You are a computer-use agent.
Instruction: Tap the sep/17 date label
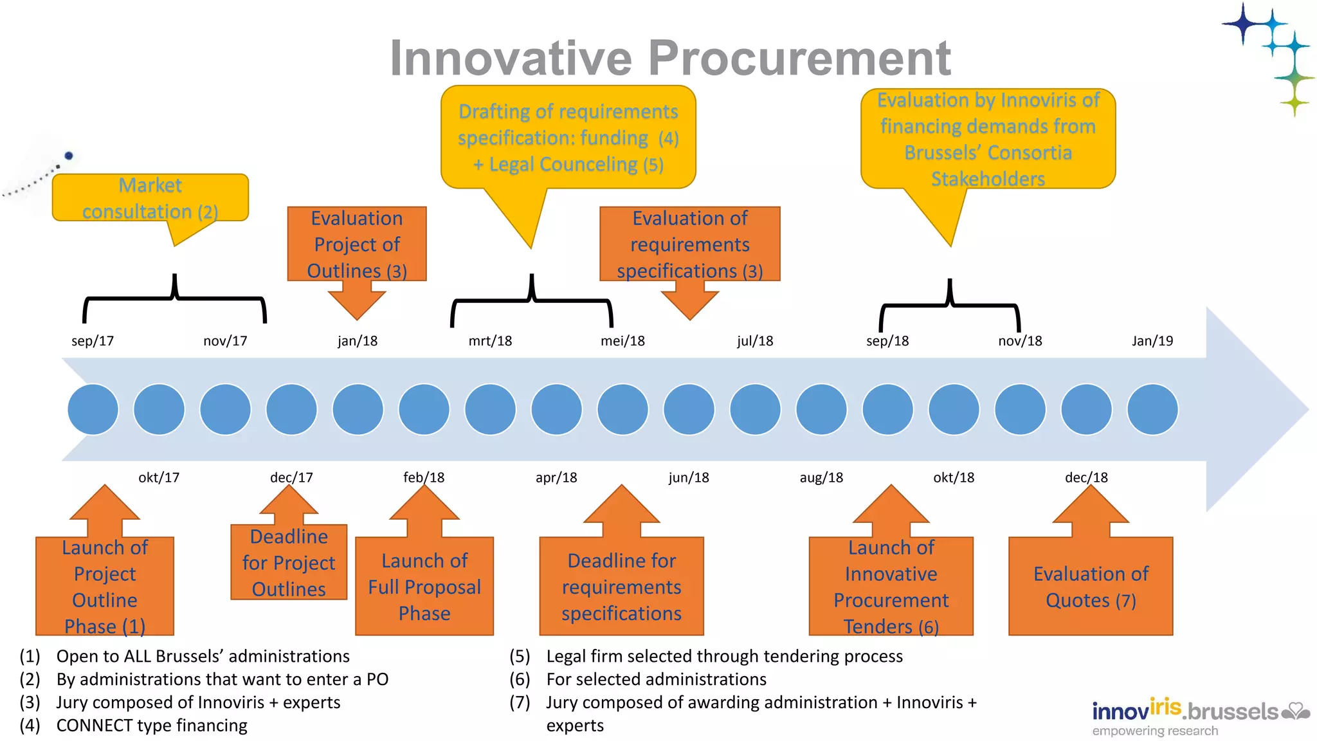[93, 341]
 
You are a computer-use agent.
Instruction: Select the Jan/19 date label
[1152, 341]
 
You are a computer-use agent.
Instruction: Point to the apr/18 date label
[556, 477]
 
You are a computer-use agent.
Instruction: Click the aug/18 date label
[821, 477]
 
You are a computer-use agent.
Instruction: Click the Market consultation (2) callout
[150, 198]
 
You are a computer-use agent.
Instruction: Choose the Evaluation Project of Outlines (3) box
[357, 244]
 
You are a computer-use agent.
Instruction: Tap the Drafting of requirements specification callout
[568, 138]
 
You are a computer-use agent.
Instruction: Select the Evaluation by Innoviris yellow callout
[988, 139]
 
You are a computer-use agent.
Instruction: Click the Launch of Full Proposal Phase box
[424, 587]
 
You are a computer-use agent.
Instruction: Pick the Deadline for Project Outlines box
[289, 562]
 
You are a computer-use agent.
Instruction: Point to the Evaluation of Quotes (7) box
[1091, 587]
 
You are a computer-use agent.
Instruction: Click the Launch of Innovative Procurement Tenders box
[891, 587]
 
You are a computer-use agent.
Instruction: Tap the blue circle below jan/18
[358, 410]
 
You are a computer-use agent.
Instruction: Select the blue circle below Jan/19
[1152, 410]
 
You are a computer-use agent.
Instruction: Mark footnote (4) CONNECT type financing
[151, 726]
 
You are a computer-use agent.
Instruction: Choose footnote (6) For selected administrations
[656, 679]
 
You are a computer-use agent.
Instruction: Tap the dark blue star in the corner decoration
[1244, 24]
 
